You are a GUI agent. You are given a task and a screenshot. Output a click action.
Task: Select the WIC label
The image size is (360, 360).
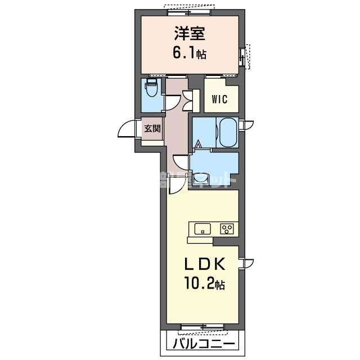point(219,100)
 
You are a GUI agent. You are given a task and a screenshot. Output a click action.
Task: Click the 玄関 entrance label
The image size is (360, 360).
point(151,128)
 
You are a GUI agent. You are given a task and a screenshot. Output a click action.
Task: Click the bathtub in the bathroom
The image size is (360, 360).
point(228,133)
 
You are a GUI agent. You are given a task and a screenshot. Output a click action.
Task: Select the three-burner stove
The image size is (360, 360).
point(227,228)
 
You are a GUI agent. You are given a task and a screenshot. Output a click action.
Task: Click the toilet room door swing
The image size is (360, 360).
point(171,102)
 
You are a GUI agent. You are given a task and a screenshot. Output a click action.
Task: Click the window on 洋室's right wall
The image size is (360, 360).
point(244,56)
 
